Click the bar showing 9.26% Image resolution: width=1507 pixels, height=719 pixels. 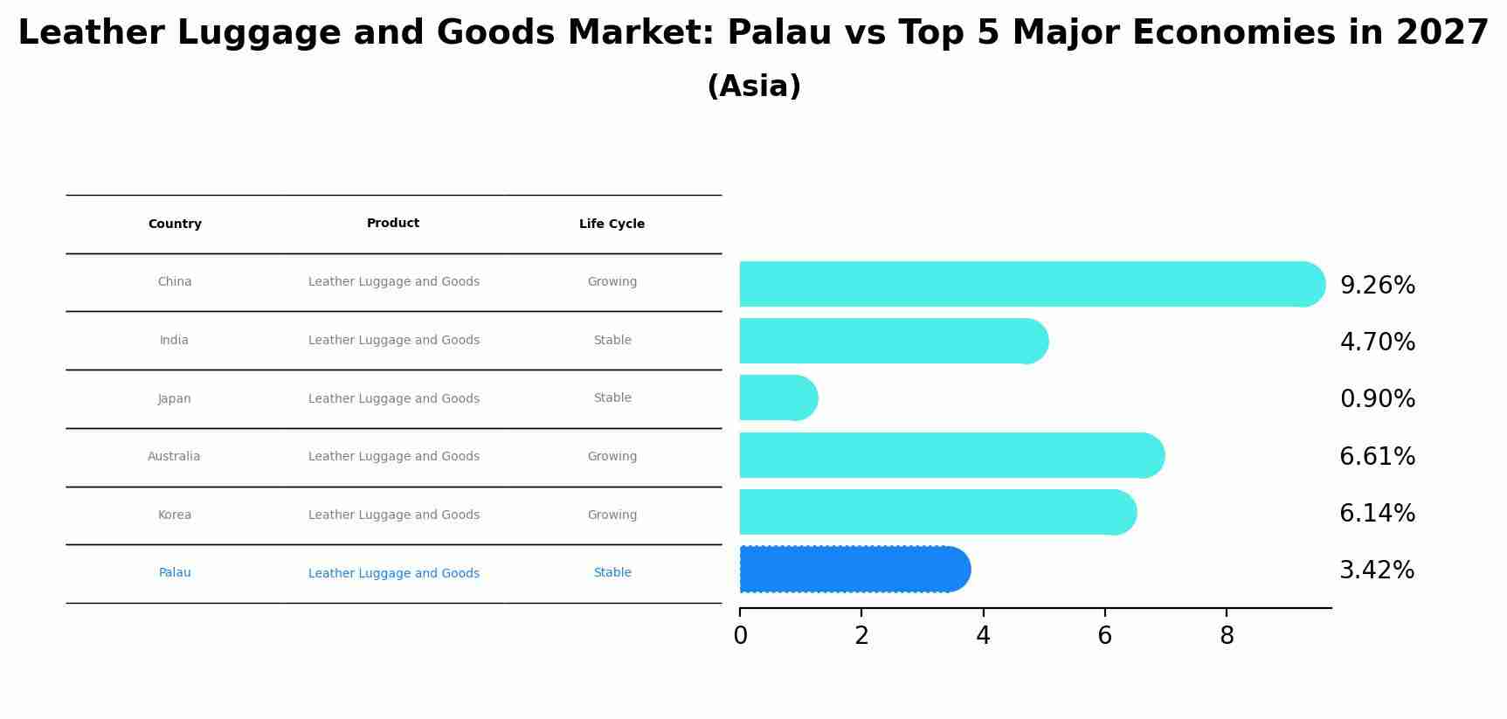pos(1031,284)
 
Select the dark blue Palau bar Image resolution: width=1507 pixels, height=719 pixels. pos(854,570)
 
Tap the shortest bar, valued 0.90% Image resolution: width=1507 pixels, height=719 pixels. pos(778,398)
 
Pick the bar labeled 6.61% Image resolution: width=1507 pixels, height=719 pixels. pos(951,455)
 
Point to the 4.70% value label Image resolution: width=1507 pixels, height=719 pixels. pos(1377,342)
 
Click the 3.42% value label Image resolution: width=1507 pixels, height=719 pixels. pos(1376,570)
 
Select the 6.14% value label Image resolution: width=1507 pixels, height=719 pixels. pos(1377,514)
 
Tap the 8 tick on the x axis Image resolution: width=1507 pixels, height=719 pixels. pos(1227,636)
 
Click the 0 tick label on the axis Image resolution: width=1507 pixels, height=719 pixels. pos(740,636)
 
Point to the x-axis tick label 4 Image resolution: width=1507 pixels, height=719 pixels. pos(983,636)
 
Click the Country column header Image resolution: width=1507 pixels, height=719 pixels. pos(175,225)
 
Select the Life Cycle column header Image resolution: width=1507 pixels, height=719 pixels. pos(612,225)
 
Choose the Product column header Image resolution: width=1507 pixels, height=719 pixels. pos(393,224)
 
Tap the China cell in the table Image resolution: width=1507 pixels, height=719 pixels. pos(175,282)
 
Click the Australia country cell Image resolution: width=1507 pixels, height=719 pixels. pos(174,457)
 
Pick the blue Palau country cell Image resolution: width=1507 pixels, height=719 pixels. pos(175,573)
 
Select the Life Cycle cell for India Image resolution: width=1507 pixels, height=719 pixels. pos(612,341)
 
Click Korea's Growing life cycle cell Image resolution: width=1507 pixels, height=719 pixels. pos(612,515)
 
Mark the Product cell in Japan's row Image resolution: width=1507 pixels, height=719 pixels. pos(394,399)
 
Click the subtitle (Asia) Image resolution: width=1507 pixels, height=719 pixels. pos(754,86)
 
